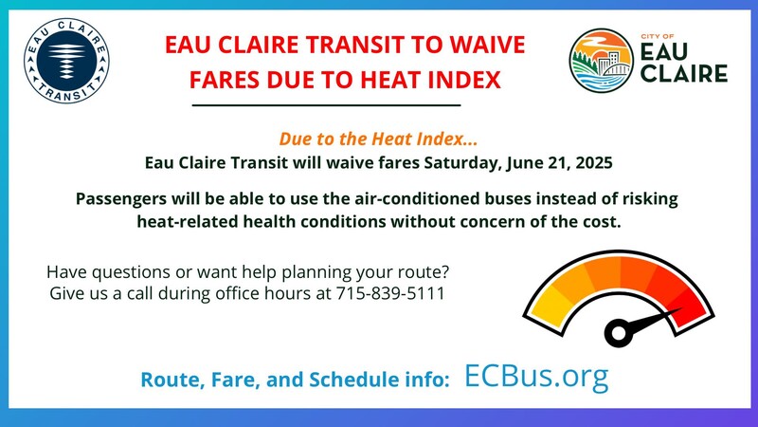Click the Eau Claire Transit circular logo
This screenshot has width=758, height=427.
67,62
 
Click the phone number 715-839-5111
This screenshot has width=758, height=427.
389,293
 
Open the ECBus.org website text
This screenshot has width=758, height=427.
536,376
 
